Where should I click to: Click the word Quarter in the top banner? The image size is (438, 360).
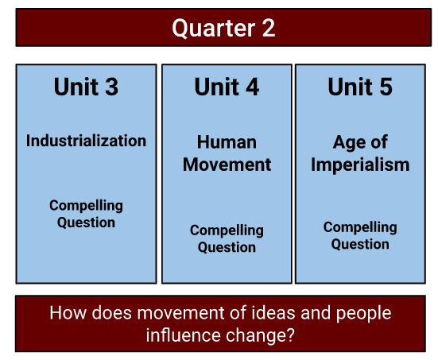pos(214,28)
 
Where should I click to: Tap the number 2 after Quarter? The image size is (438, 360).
pos(269,28)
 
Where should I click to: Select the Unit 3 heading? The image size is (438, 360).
pos(86,87)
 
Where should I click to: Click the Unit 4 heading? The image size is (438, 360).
pos(227,87)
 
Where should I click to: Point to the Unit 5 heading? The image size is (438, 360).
pos(360,87)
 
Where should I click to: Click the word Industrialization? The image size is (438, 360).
pos(86,141)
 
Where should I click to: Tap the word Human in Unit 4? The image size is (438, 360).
pos(227,142)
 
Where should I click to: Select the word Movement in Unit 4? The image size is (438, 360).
pos(227,165)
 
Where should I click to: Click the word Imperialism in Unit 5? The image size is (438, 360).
pos(360,165)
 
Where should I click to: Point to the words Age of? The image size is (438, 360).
pos(360,142)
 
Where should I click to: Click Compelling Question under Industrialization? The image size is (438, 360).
pos(86,214)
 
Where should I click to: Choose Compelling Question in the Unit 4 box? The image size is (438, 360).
pos(227,238)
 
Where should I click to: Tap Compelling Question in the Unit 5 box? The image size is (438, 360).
pos(360,236)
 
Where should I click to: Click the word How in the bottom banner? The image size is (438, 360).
pos(68,312)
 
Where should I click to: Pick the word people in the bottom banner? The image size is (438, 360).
pos(364,313)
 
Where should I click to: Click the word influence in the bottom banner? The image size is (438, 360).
pos(184,335)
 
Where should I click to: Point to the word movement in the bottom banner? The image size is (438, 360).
pos(180,313)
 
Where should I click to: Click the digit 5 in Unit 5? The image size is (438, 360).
pos(386,87)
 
